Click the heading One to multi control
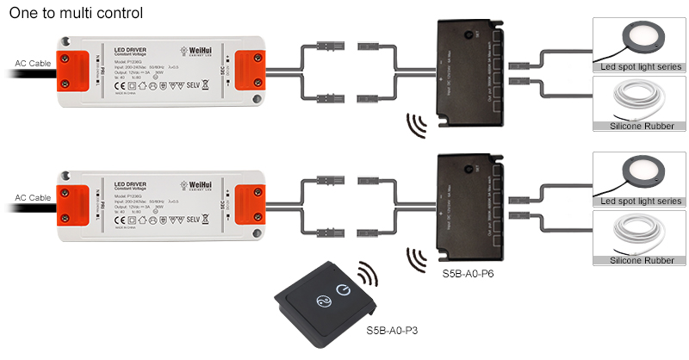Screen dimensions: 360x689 click(75, 14)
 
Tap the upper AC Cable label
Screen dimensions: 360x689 click(33, 64)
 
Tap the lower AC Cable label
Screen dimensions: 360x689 click(33, 197)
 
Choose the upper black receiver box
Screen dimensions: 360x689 click(465, 70)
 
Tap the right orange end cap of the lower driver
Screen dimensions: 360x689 click(251, 198)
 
